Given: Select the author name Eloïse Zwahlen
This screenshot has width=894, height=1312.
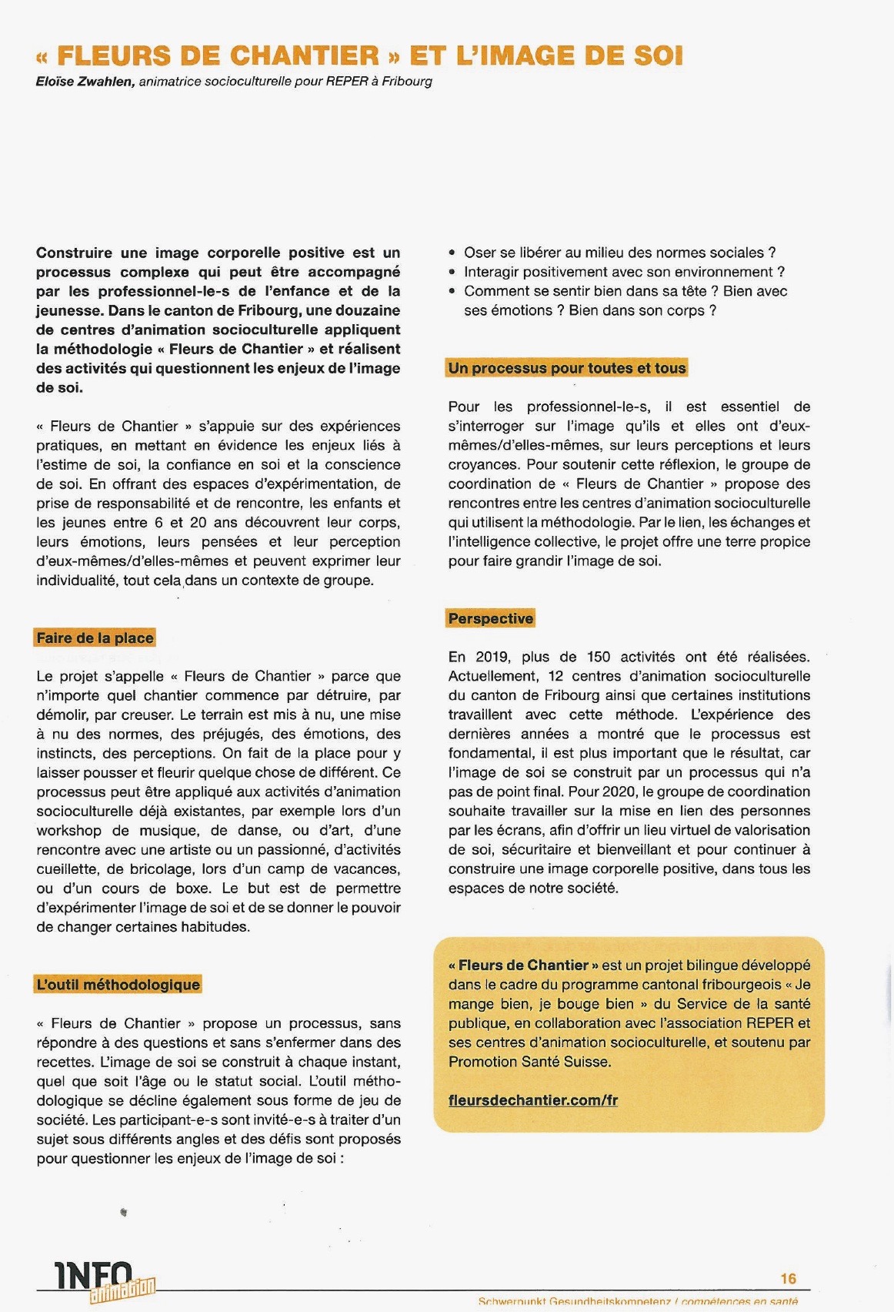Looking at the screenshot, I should (x=85, y=81).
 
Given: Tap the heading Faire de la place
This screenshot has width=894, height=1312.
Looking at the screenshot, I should (x=95, y=638).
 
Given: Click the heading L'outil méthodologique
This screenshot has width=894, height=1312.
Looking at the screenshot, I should (x=118, y=984).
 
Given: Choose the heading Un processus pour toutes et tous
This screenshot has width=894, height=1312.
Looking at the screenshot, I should (x=567, y=368).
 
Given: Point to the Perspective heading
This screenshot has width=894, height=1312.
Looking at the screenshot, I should (x=491, y=618).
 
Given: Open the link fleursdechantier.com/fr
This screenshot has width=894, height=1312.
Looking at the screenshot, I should (x=533, y=1099).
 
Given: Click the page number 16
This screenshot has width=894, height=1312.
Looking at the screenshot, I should (x=789, y=1278).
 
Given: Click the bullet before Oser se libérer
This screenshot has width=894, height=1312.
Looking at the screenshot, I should (x=452, y=253).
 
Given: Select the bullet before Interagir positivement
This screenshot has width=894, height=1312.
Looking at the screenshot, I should (x=452, y=273).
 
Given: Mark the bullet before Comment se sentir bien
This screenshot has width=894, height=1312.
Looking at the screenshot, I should (x=452, y=292).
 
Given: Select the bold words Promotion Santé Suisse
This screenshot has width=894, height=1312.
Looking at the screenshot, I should (x=529, y=1061).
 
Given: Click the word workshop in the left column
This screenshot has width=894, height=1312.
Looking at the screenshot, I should (x=68, y=830).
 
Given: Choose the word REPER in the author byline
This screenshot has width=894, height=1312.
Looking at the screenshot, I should (x=347, y=81).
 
